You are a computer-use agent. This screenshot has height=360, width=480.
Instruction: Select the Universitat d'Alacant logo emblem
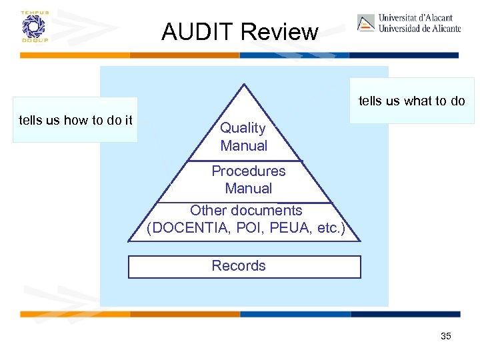366,23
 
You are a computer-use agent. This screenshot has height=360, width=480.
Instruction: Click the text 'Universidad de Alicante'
419,29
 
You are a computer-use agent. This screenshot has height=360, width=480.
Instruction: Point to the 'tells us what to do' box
411,101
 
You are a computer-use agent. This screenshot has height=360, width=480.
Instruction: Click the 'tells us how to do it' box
75,121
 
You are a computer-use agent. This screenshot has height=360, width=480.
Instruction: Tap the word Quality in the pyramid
243,128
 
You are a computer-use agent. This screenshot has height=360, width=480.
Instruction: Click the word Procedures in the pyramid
248,171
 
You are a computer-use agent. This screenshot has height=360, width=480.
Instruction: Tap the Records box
244,266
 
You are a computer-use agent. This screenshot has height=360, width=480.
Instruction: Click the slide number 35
446,336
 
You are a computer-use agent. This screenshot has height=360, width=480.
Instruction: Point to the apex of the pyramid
245,85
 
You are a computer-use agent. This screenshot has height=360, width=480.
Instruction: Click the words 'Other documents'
246,211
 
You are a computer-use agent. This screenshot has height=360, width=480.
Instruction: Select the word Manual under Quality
243,145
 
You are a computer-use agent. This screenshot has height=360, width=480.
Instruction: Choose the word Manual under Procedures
248,188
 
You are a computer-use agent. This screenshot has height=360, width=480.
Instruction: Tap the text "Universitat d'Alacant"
415,18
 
